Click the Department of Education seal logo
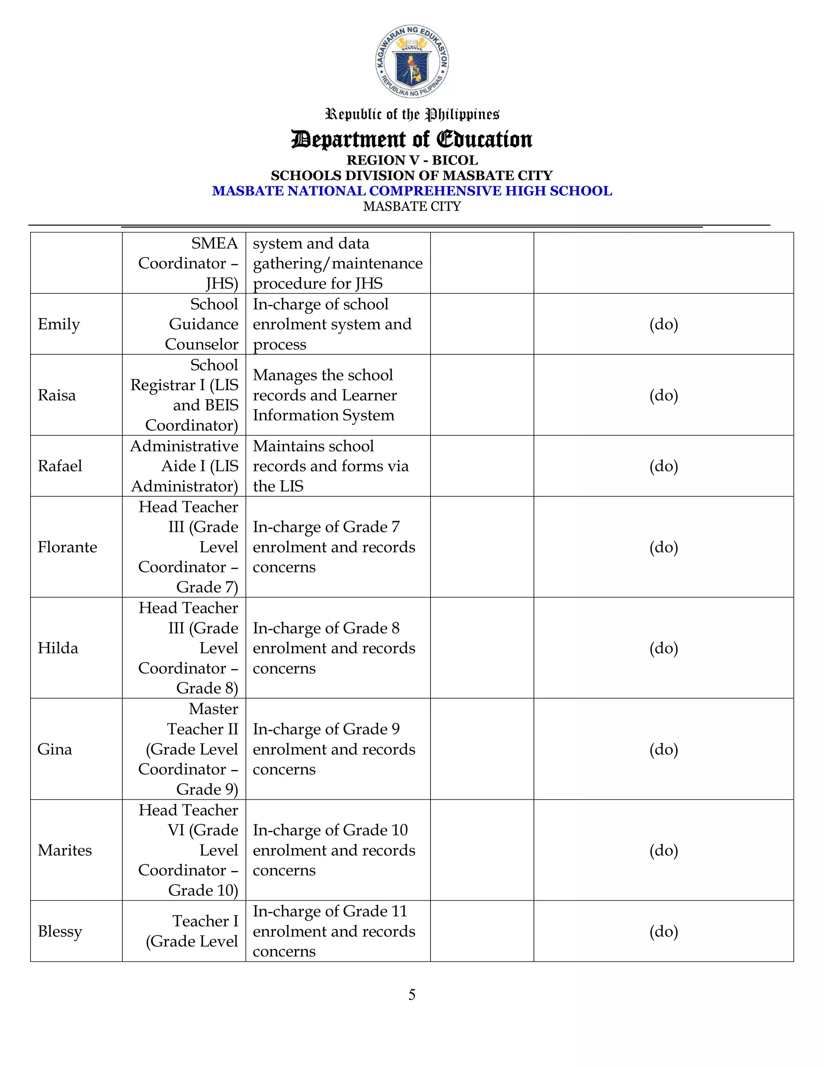click(412, 62)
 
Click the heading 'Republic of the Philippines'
click(412, 114)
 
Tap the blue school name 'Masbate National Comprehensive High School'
click(412, 191)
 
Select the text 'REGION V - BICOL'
click(412, 160)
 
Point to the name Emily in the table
click(59, 324)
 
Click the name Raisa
click(57, 395)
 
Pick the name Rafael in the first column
click(60, 466)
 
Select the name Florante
click(67, 547)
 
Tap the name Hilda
click(58, 648)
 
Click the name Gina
click(55, 749)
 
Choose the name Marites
click(64, 850)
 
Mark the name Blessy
click(60, 931)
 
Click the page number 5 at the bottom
click(412, 995)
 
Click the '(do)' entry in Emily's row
click(663, 324)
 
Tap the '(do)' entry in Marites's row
click(663, 850)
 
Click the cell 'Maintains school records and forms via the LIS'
click(330, 466)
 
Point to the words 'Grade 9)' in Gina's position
click(207, 789)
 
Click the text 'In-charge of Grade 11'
click(330, 911)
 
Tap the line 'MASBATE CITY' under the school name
click(412, 206)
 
